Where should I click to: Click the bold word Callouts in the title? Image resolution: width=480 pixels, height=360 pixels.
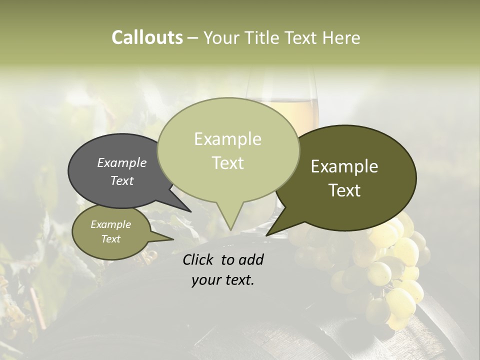147,37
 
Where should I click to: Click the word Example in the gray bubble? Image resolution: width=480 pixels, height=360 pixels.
122,162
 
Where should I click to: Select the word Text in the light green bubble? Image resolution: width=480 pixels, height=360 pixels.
228,163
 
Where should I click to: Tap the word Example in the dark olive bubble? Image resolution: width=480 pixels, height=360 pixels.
344,166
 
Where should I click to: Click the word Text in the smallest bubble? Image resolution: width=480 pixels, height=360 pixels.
111,239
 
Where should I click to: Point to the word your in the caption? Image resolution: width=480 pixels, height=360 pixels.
206,280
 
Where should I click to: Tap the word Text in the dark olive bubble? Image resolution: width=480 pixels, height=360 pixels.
345,190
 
